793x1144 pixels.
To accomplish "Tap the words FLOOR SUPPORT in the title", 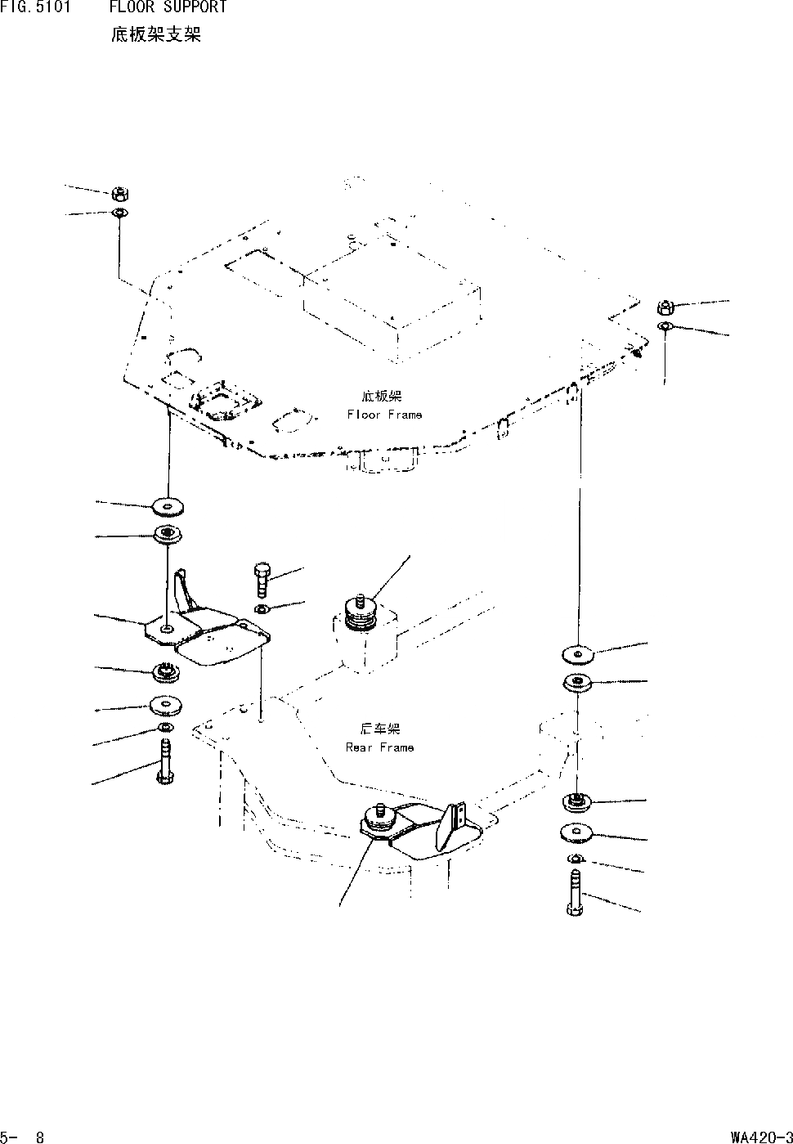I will (168, 8).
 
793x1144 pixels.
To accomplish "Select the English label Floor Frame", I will (384, 415).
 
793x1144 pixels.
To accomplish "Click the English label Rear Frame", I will (379, 747).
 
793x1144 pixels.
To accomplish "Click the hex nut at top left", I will (119, 195).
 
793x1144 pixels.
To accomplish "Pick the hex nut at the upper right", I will (665, 308).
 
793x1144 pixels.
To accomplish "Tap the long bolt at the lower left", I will (164, 761).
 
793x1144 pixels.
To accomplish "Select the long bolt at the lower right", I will (575, 892).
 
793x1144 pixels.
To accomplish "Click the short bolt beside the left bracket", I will (262, 578).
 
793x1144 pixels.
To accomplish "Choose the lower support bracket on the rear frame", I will (425, 830).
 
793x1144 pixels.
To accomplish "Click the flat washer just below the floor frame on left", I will (168, 508).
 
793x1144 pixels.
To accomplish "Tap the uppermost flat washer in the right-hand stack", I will (579, 654).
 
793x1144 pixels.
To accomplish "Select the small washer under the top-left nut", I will (119, 213).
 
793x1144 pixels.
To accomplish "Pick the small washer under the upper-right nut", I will (665, 327).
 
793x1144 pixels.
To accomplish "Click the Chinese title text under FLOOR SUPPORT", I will (155, 35).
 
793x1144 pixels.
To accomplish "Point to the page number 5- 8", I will (23, 1136).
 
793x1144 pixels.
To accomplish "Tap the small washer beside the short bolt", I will (261, 611).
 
